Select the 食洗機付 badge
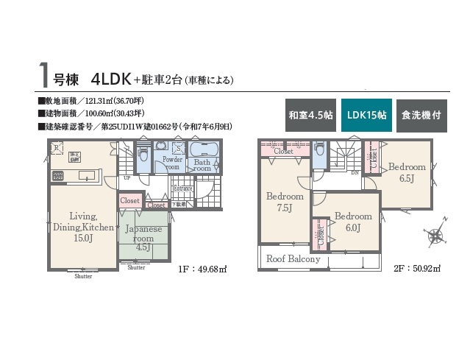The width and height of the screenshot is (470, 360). pos(421,116)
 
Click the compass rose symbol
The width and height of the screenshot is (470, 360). pos(435,236)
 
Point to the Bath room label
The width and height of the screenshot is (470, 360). pos(202,165)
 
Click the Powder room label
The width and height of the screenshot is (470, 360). pos(172,163)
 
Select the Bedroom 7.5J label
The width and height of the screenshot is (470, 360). pos(285,202)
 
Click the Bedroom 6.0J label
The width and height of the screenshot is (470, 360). pos(352,222)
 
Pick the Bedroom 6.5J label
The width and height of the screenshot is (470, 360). pos(407,172)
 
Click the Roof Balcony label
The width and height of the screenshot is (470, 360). pos(293,259)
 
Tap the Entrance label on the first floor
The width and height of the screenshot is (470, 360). pos(182,188)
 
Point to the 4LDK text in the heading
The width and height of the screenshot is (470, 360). pos(112,77)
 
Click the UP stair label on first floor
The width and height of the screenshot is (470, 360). pos(127,178)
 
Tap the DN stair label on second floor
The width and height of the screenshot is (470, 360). pos(355,174)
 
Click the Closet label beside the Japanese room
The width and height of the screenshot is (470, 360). pos(129,200)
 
